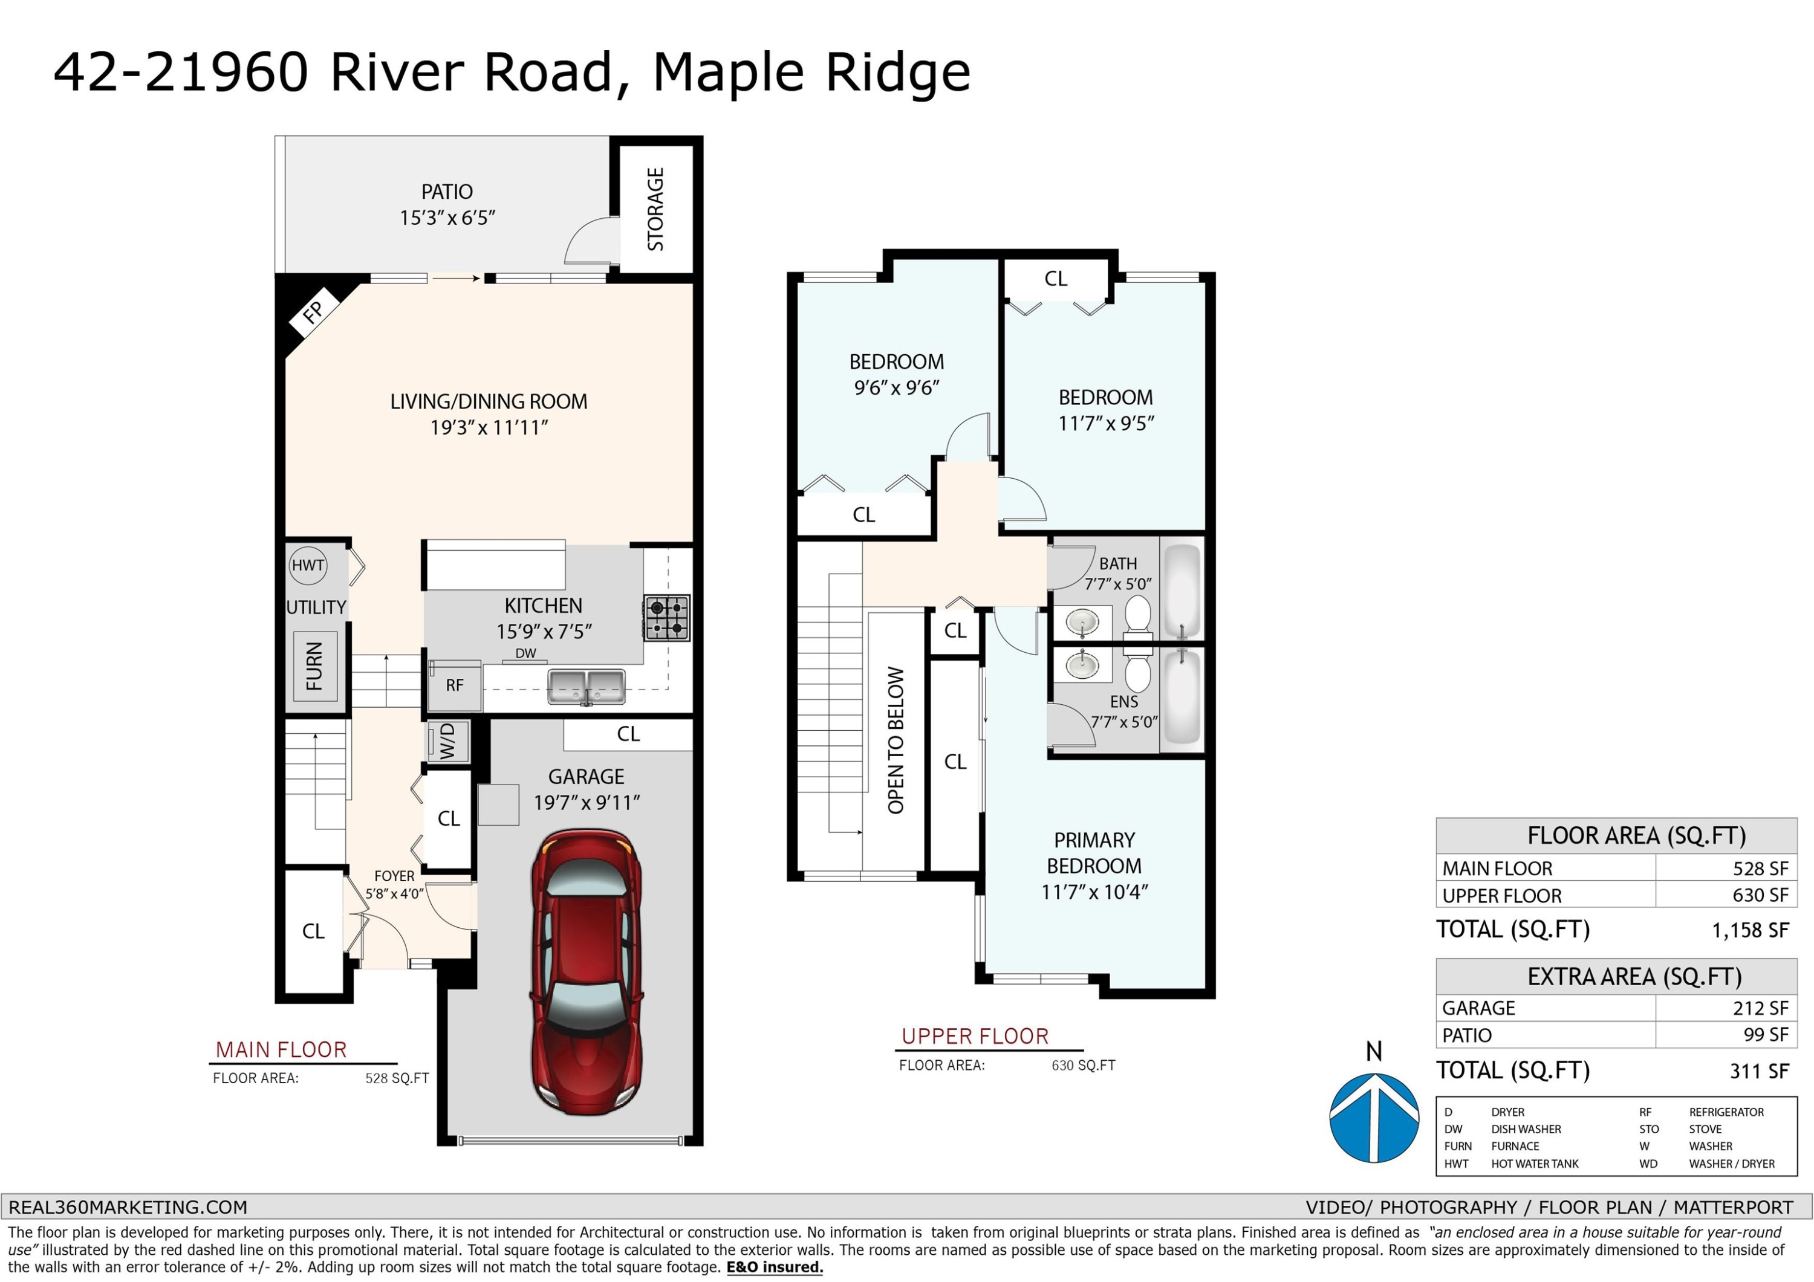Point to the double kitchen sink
(x=587, y=687)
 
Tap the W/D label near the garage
(x=448, y=742)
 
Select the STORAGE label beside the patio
(x=655, y=209)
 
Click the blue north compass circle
(x=1375, y=1118)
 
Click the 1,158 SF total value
(x=1750, y=930)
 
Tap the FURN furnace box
(x=315, y=666)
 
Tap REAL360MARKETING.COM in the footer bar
(x=128, y=1207)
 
